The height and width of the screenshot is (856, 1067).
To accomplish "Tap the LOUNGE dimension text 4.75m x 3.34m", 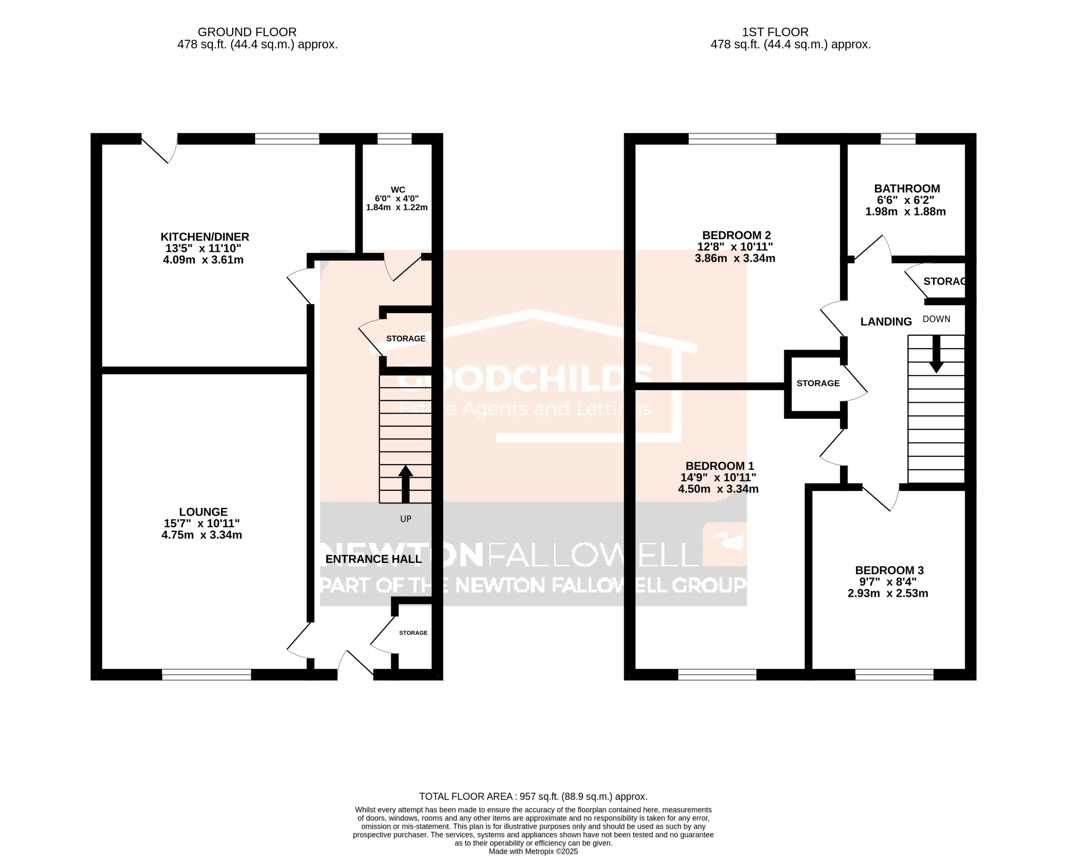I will click(x=202, y=535).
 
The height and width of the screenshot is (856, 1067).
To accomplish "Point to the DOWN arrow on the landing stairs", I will click(x=935, y=354).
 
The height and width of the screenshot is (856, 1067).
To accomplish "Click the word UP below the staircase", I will click(x=405, y=519).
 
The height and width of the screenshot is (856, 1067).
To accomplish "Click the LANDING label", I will click(x=886, y=322).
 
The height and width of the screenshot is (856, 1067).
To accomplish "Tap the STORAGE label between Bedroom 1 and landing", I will click(x=818, y=383).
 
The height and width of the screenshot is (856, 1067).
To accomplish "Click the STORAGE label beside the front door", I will click(x=413, y=633).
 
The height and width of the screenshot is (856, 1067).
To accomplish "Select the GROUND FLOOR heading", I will click(x=247, y=32).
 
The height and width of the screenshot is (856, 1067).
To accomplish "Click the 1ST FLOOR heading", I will click(x=775, y=32).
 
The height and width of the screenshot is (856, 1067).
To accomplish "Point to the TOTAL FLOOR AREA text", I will click(x=533, y=797).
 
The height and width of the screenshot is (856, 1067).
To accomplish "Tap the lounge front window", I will click(x=206, y=674).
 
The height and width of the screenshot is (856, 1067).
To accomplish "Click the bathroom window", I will click(x=898, y=139).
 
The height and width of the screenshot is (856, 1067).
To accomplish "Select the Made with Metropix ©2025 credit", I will click(x=533, y=852).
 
